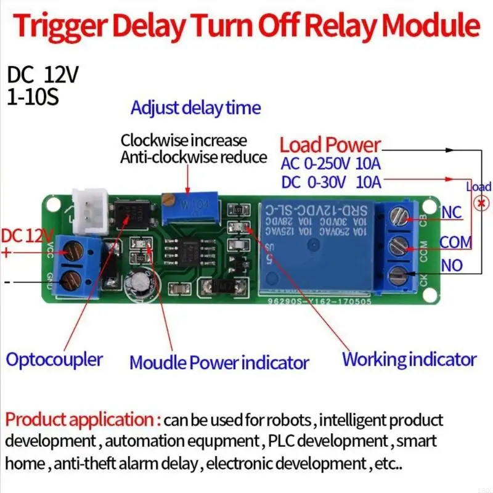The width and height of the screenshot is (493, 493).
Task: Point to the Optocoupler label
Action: [55, 359]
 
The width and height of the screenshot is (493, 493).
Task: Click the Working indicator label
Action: [409, 359]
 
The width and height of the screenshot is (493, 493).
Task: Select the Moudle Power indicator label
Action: [219, 362]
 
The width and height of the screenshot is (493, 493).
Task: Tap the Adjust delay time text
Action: [195, 108]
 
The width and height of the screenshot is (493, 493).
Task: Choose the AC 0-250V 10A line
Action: [331, 165]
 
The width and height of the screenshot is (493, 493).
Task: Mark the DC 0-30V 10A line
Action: [331, 182]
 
